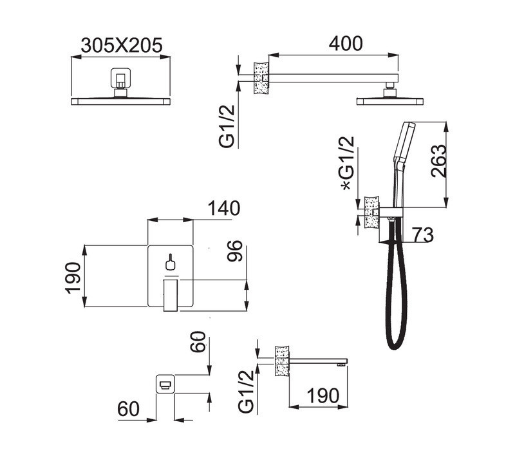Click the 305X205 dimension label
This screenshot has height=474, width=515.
(122, 45)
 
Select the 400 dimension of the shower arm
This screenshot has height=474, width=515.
(346, 43)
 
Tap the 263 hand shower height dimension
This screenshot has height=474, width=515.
(439, 161)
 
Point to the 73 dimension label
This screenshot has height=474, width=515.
(423, 234)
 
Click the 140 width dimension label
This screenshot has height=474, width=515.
(224, 208)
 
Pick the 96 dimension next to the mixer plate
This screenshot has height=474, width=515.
(235, 251)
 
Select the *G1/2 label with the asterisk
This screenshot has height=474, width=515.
(348, 163)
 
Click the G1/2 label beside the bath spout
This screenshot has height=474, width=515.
(247, 392)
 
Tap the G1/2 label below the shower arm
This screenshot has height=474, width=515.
(227, 126)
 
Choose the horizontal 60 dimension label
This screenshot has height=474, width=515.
(128, 409)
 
